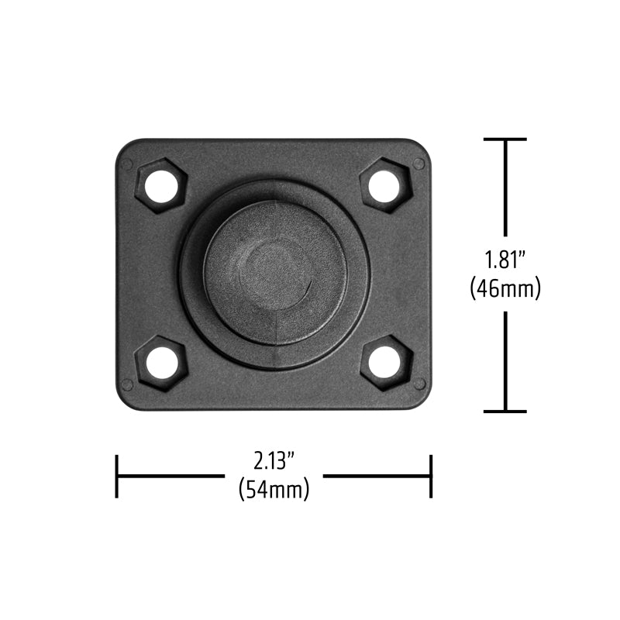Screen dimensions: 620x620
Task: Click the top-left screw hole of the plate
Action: point(161,185)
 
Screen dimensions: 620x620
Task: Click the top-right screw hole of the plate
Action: point(384,185)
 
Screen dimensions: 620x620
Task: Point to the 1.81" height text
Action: point(505,259)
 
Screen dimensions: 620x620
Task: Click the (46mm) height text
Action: point(505,288)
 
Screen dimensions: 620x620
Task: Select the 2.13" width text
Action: point(274,461)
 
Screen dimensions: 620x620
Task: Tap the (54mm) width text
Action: point(274,490)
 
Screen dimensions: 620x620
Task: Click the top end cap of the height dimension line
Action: point(505,139)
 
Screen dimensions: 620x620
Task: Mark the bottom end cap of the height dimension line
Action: point(505,412)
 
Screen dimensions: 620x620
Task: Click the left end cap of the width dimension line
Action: point(117,476)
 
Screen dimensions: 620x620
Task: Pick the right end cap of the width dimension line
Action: point(430,476)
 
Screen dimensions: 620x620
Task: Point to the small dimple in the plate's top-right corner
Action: point(418,164)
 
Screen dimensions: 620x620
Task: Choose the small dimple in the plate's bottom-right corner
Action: point(418,384)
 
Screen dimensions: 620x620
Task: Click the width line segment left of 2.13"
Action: point(170,476)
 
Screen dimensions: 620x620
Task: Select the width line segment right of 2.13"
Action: point(376,476)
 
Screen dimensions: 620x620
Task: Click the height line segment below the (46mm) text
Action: point(505,360)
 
